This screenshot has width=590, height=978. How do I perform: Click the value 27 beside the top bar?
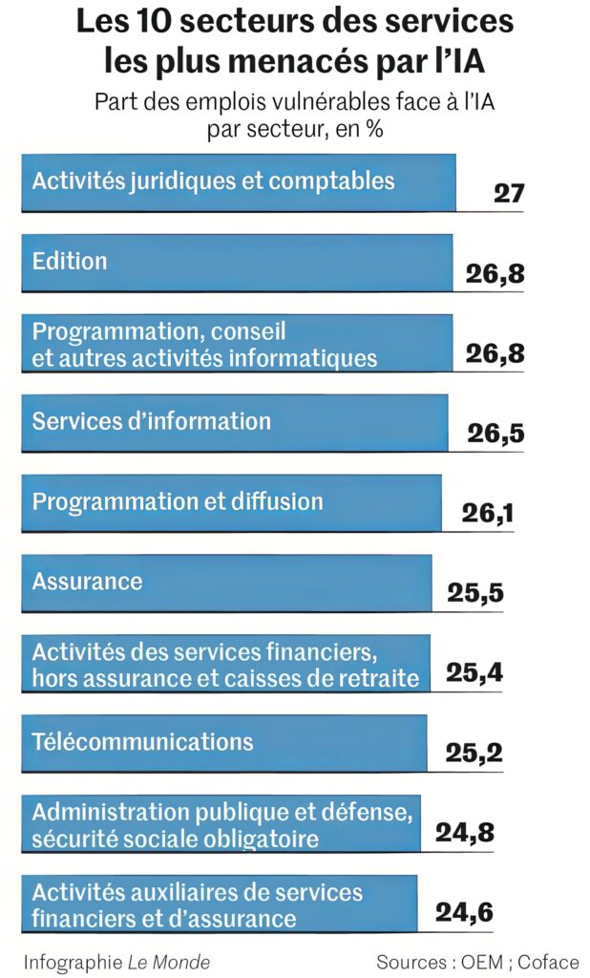pyautogui.click(x=509, y=193)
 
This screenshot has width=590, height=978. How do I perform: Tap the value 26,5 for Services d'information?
pyautogui.click(x=495, y=435)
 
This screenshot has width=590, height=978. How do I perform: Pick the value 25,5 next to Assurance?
pyautogui.click(x=475, y=594)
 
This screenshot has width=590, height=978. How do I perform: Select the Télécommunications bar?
pyautogui.click(x=223, y=742)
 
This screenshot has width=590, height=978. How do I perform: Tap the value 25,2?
pyautogui.click(x=474, y=754)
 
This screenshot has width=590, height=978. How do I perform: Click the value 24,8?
pyautogui.click(x=465, y=833)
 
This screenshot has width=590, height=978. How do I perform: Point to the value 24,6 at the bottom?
pyautogui.click(x=464, y=912)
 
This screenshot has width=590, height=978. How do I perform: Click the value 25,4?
pyautogui.click(x=474, y=674)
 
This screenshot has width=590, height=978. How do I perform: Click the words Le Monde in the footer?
pyautogui.click(x=169, y=961)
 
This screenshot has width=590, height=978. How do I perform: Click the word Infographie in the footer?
pyautogui.click(x=73, y=961)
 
